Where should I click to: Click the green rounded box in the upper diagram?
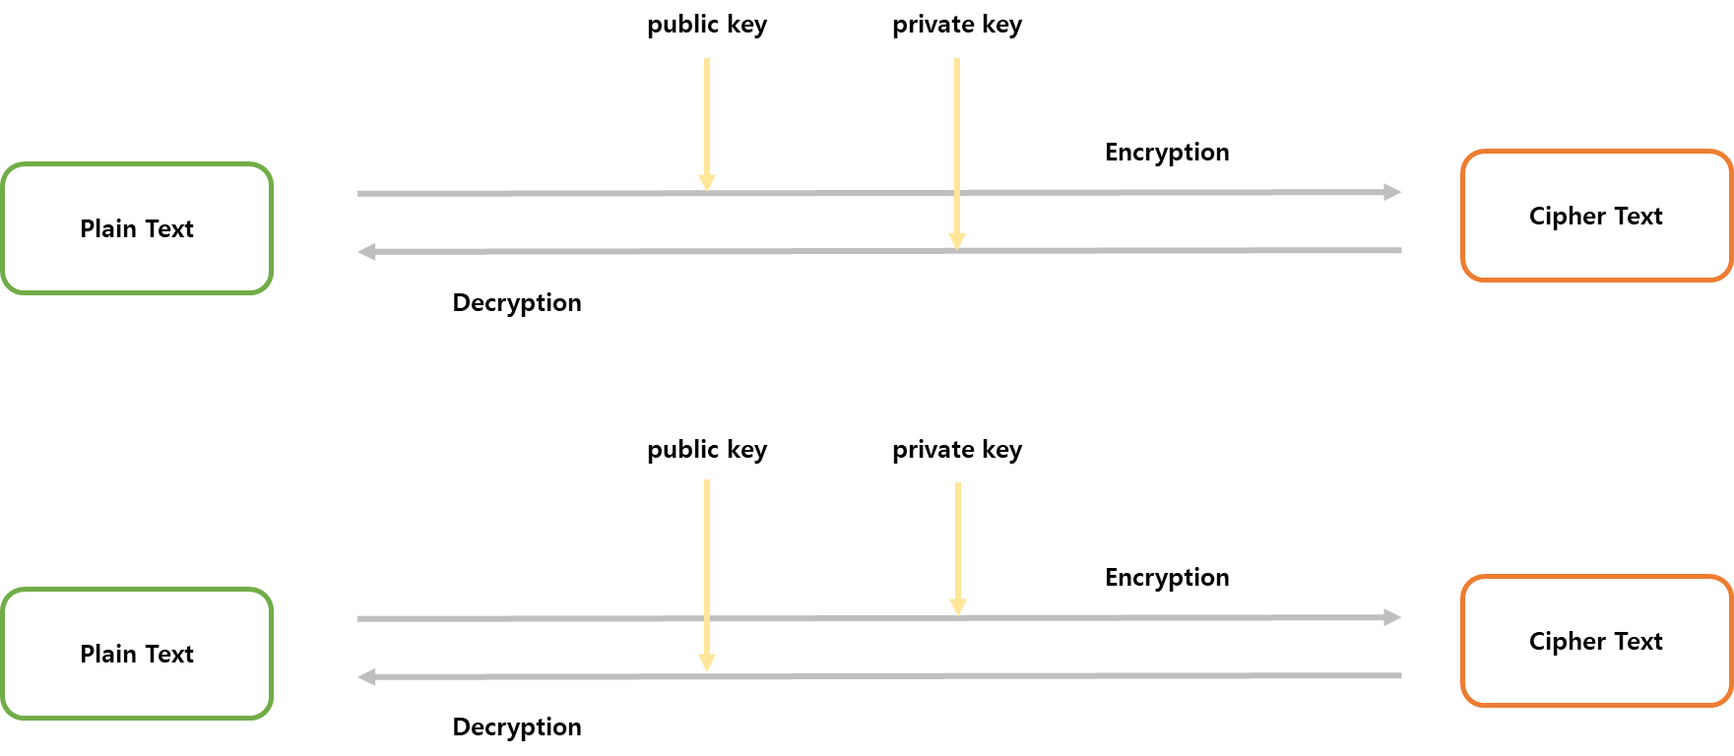click(x=137, y=228)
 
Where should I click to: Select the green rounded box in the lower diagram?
click(x=137, y=654)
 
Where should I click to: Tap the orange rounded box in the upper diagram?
click(x=1596, y=216)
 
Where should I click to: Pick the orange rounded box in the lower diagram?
click(x=1596, y=641)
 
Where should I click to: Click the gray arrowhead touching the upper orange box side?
click(x=1392, y=192)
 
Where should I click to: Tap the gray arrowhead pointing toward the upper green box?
click(x=366, y=252)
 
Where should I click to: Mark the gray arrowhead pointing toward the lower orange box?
click(x=1392, y=617)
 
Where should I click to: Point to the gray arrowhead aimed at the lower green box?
click(x=366, y=677)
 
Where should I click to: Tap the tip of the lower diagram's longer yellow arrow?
click(x=707, y=670)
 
